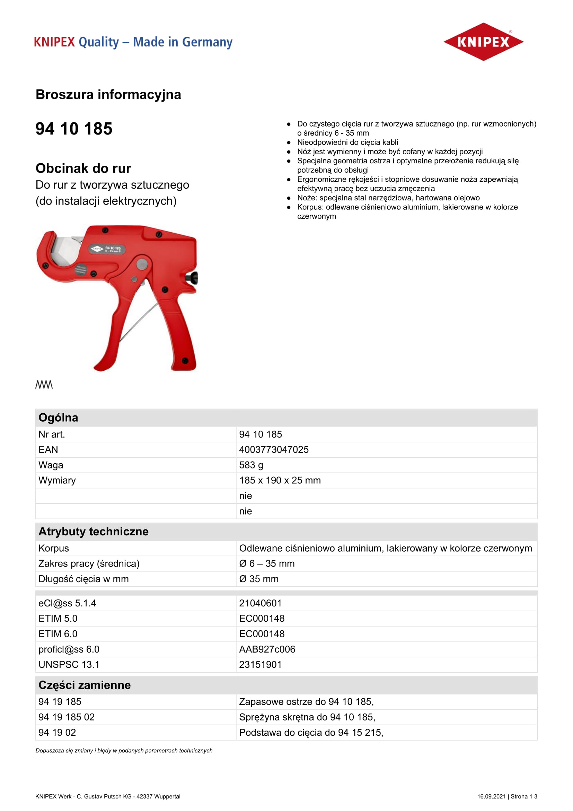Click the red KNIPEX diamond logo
tap(483, 42)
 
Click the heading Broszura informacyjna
tap(108, 95)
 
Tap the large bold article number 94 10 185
tap(74, 129)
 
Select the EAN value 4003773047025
tap(274, 450)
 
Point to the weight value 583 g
tap(251, 465)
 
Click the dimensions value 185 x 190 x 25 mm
tap(280, 480)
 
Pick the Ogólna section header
tap(58, 417)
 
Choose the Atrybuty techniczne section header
tap(94, 532)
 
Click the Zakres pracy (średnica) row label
tap(89, 563)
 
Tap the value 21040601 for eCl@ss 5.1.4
tap(261, 603)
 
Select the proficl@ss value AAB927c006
tap(267, 649)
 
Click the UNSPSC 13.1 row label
tap(69, 664)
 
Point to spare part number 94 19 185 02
tap(67, 717)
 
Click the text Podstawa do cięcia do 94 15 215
tap(311, 732)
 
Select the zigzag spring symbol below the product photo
tap(44, 384)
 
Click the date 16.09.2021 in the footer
tap(491, 796)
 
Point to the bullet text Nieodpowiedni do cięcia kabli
tap(347, 143)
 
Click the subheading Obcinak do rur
tap(83, 169)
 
